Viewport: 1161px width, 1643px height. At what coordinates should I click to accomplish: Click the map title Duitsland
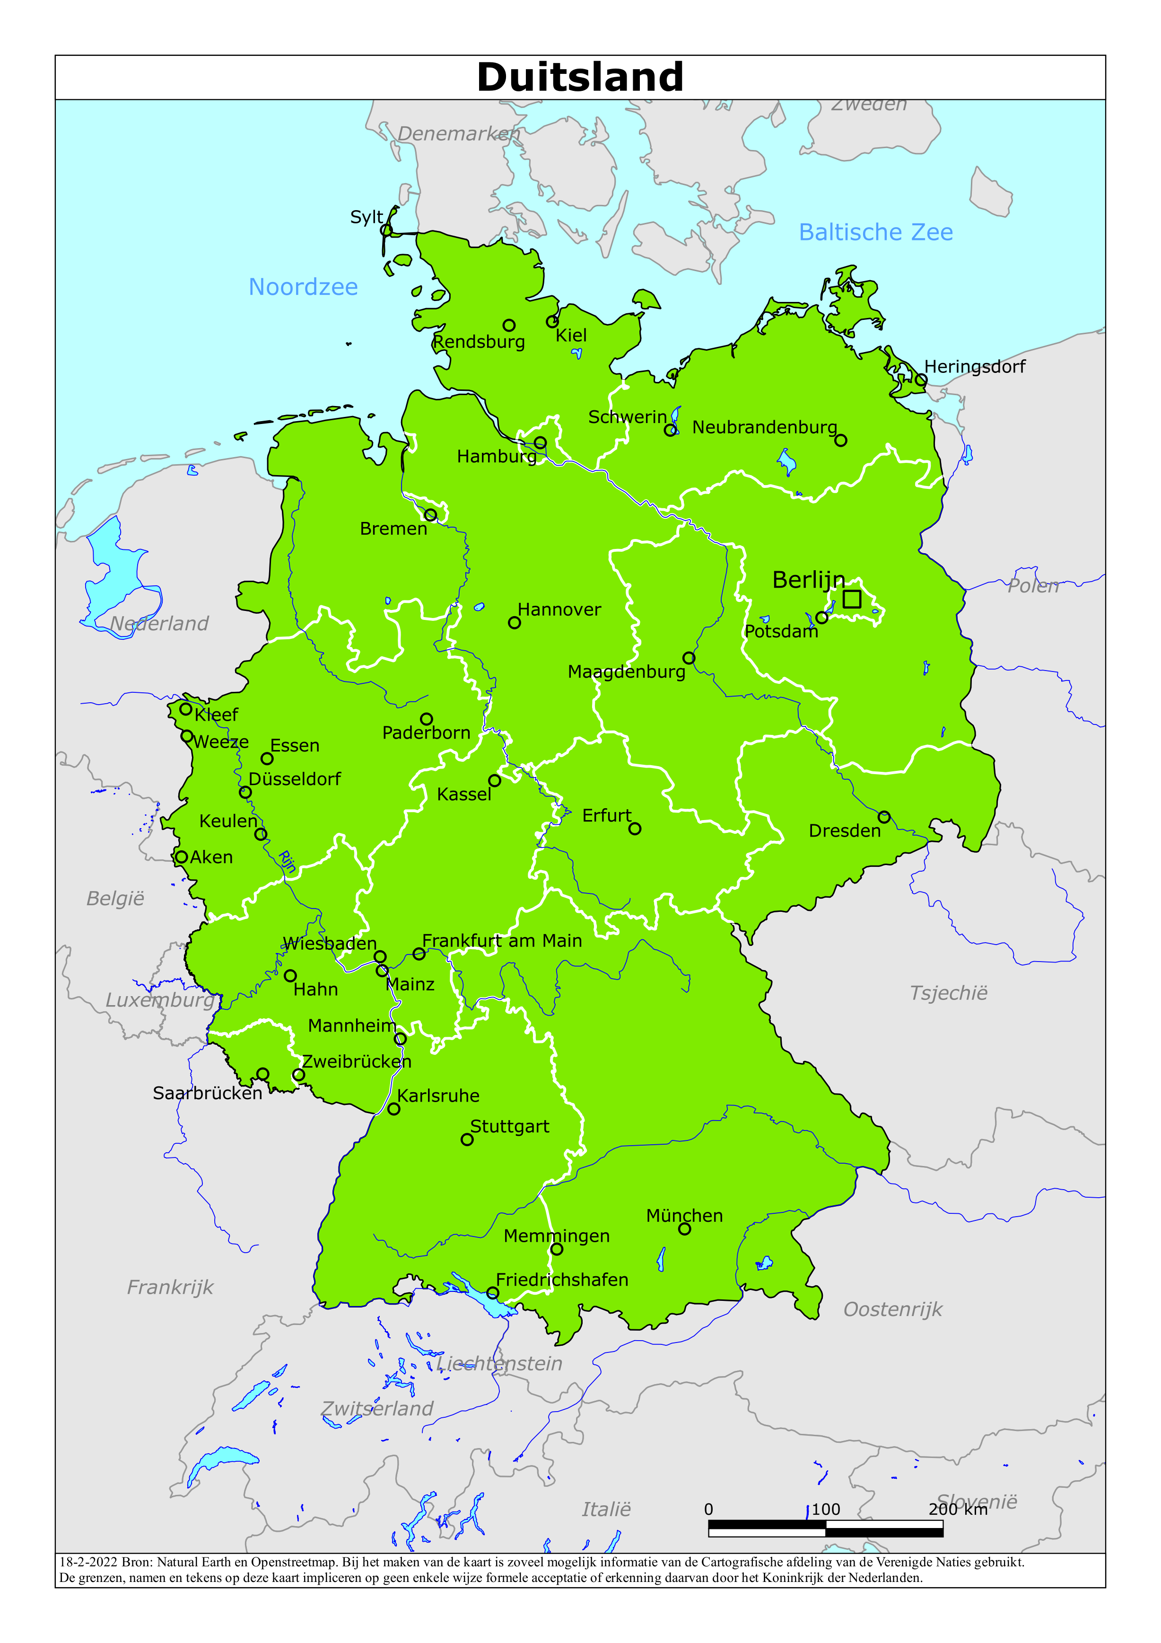pyautogui.click(x=580, y=77)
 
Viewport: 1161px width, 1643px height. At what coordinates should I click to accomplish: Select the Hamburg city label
pyautogui.click(x=497, y=457)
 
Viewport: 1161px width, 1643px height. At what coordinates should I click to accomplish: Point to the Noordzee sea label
pyautogui.click(x=303, y=287)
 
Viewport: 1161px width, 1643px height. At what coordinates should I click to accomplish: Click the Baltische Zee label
pyautogui.click(x=875, y=232)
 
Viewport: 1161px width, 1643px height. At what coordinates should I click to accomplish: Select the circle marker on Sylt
pyautogui.click(x=386, y=230)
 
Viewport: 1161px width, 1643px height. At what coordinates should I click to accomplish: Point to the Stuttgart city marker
pyautogui.click(x=467, y=1139)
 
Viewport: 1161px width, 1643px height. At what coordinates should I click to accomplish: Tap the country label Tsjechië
pyautogui.click(x=949, y=993)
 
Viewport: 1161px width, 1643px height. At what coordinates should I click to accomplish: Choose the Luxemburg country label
pyautogui.click(x=160, y=1000)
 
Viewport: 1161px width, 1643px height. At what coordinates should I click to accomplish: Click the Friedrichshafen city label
pyautogui.click(x=562, y=1280)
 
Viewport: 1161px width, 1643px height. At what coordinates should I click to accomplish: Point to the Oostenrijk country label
pyautogui.click(x=893, y=1309)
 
